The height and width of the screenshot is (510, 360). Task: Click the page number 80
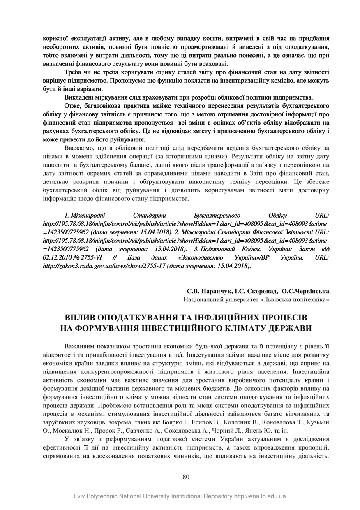coord(186,477)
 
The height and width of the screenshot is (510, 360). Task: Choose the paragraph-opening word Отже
coord(72,106)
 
